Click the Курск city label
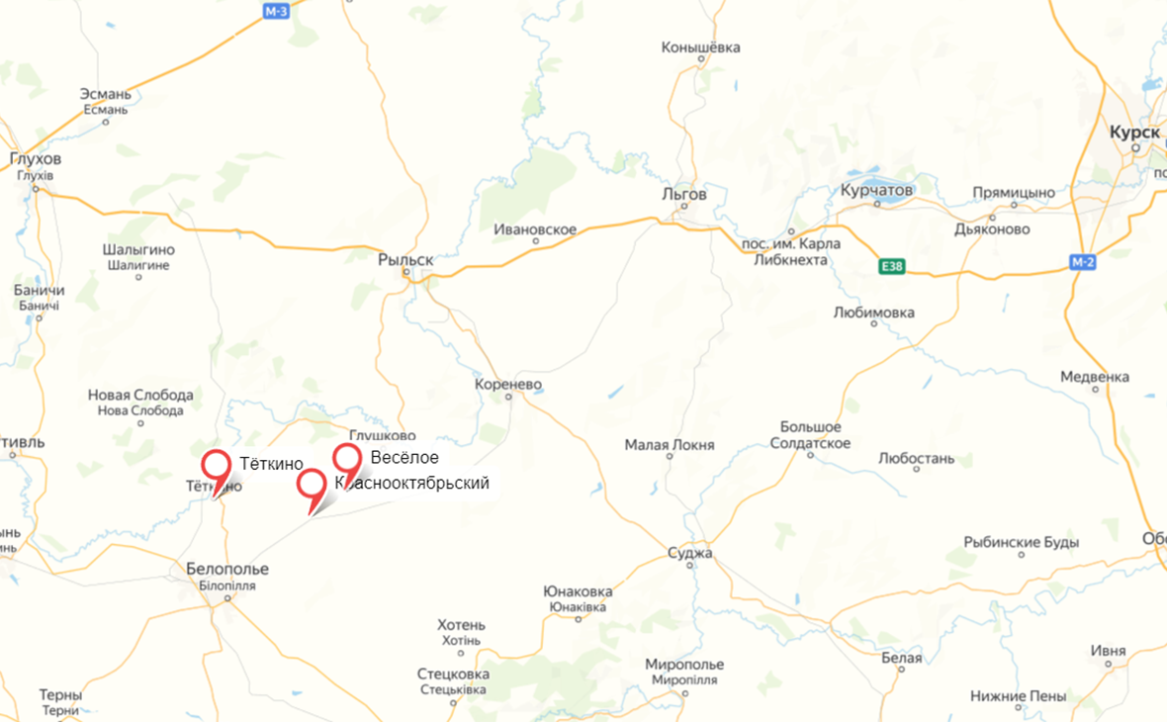coord(1134,132)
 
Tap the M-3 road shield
coord(276,11)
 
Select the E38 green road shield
coord(892,267)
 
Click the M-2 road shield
coord(1083,262)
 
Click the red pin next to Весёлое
coord(346,458)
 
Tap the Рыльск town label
coord(405,260)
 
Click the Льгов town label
coord(684,195)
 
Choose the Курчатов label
coord(877,189)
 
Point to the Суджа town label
coord(690,553)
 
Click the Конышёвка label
coord(701,47)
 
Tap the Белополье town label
coord(227,569)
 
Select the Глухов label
coord(35,159)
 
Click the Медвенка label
coord(1094,377)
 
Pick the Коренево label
coord(508,384)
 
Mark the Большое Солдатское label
coord(810,434)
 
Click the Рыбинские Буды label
coord(1022,543)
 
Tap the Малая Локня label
coord(670,445)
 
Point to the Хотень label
coord(462,625)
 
